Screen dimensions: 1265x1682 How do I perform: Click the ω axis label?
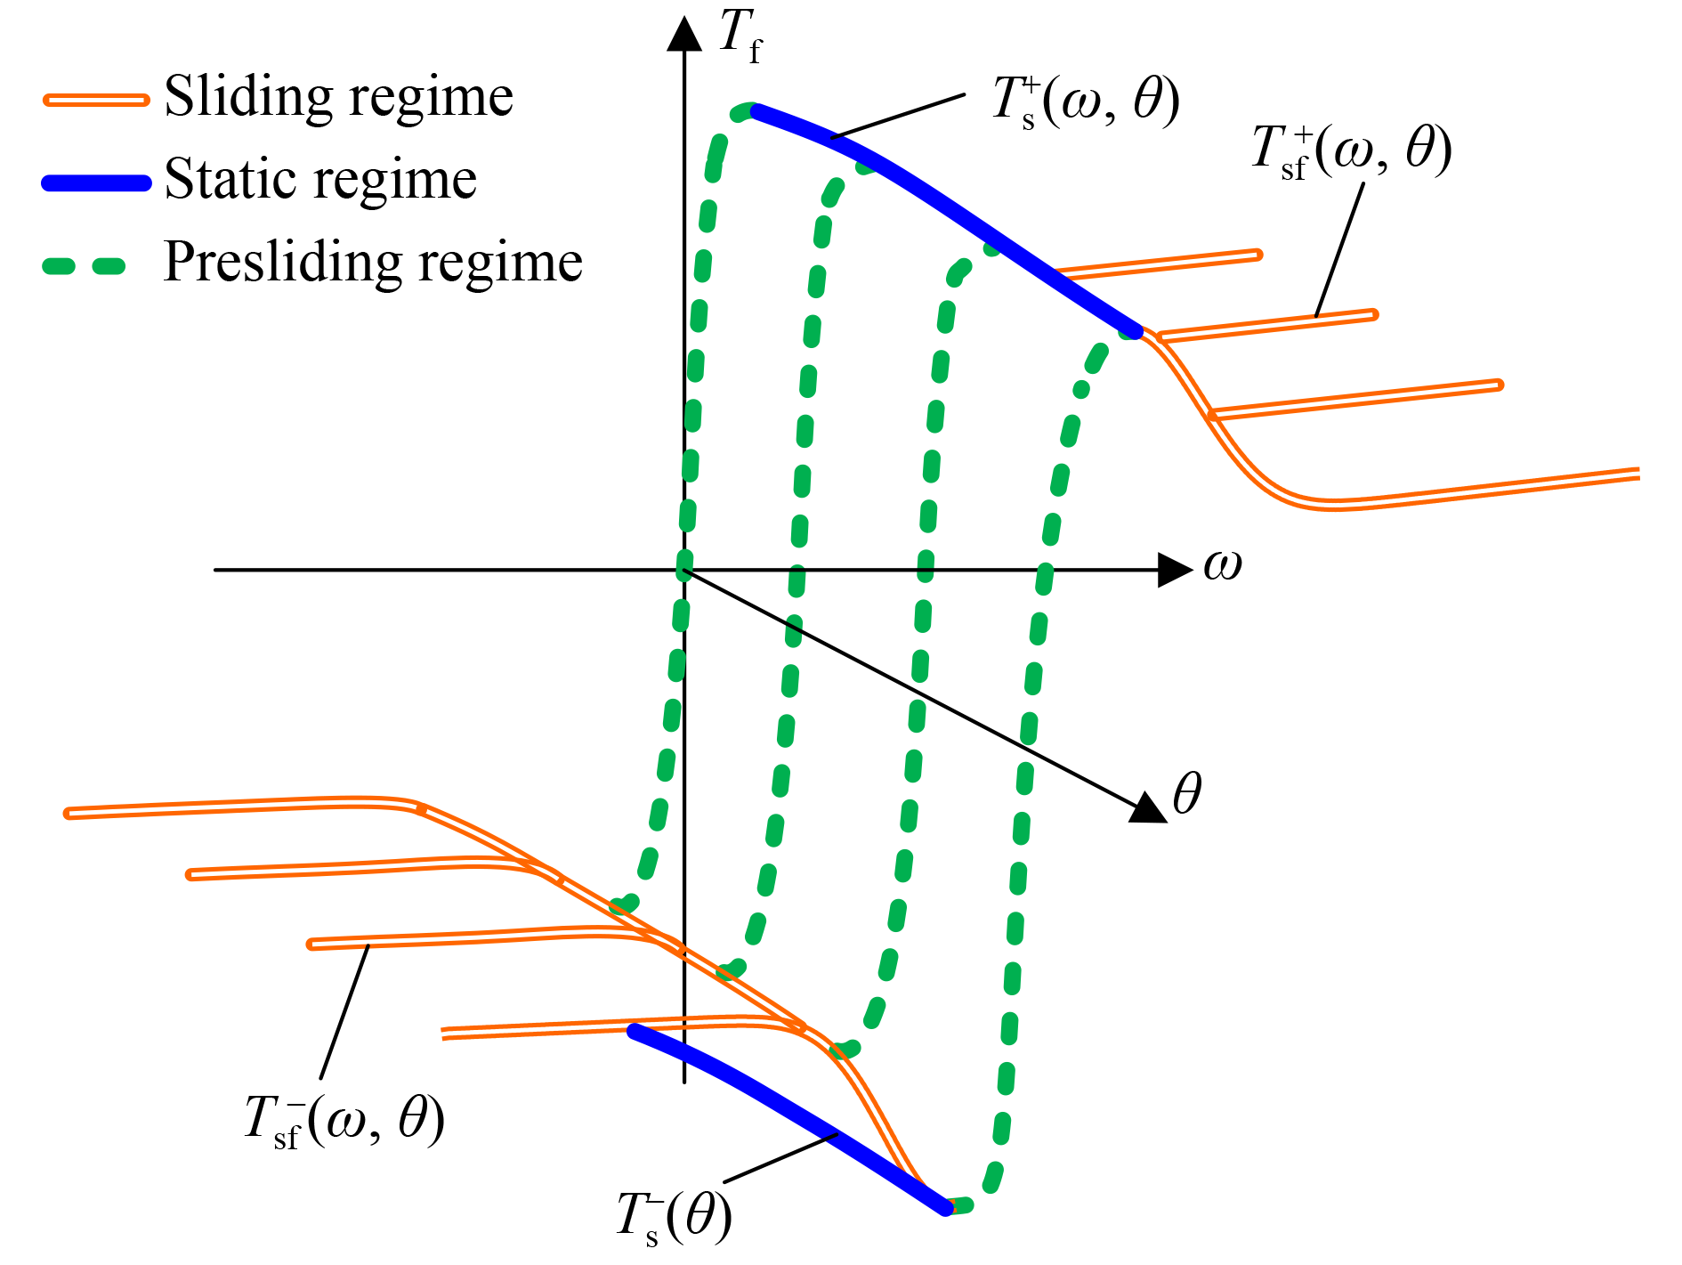coord(1222,564)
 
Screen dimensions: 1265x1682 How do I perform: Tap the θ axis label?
coord(1187,793)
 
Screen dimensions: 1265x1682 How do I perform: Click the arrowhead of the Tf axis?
coord(684,34)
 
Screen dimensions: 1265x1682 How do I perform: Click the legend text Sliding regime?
coord(338,96)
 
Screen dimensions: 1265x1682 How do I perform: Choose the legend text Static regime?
coord(320,179)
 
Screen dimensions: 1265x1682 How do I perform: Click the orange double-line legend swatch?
coord(96,101)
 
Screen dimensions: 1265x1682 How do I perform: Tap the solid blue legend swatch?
coord(96,183)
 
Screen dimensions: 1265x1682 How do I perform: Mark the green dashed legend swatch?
coord(85,265)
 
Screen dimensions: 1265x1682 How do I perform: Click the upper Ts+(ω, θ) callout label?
coord(1085,101)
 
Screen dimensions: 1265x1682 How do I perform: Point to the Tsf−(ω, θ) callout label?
coord(344,1120)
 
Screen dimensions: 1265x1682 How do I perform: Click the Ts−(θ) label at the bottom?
coord(674,1218)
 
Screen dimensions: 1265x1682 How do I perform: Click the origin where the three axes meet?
coord(684,570)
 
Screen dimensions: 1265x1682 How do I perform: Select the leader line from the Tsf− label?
coord(345,1011)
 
